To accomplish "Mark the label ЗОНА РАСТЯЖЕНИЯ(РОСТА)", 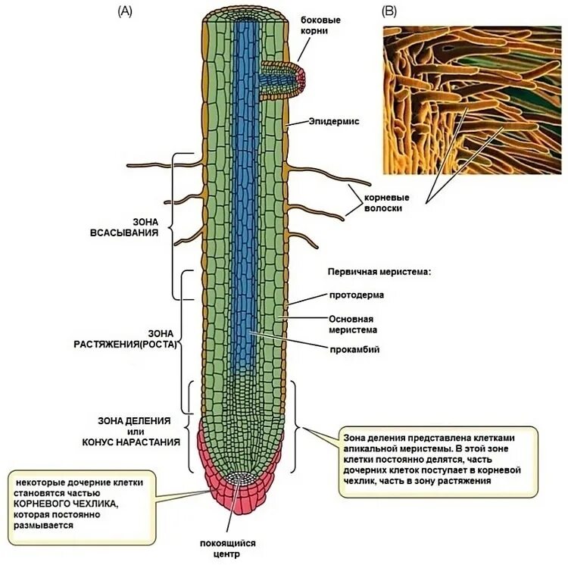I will [125, 339].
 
